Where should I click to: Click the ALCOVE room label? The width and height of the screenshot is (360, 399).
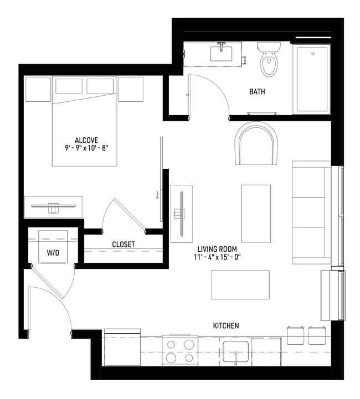(x=85, y=139)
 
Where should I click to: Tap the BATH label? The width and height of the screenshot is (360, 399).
(x=256, y=91)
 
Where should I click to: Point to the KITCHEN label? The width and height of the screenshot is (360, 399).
(x=226, y=326)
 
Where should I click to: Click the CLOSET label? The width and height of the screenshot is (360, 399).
(x=124, y=244)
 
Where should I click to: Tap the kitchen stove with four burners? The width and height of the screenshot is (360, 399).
(x=180, y=351)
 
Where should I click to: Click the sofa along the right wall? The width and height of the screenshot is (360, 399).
(x=311, y=212)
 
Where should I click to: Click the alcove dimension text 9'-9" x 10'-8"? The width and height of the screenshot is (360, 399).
(x=85, y=148)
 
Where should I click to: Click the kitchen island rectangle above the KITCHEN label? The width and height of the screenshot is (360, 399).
(x=240, y=284)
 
